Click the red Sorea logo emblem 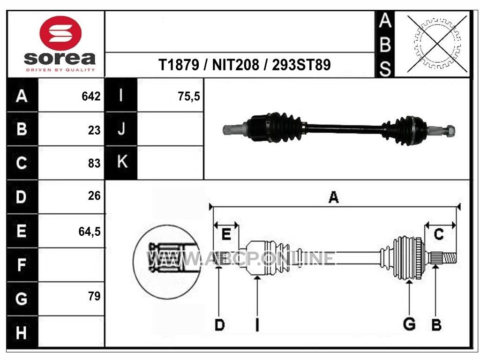[60, 33]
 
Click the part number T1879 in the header [179, 65]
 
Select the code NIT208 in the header [236, 65]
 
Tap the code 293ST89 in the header [301, 65]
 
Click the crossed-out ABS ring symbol [437, 44]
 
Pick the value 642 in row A [91, 97]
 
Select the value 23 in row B [94, 130]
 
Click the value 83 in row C [94, 164]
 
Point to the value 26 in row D [94, 196]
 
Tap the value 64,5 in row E [90, 232]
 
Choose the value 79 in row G [94, 296]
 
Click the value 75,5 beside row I [189, 97]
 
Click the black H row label [22, 332]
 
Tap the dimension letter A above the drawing [334, 197]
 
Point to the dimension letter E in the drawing [226, 234]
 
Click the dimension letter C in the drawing [439, 235]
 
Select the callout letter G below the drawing [409, 324]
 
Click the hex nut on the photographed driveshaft [450, 131]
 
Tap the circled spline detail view [166, 262]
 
